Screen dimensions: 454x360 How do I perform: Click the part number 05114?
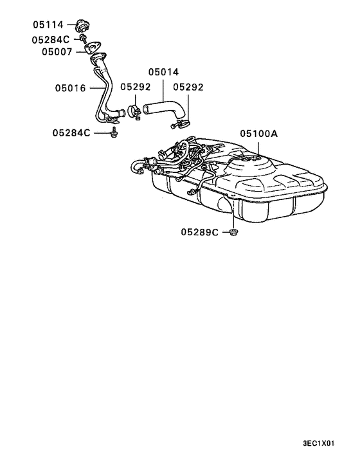pyautogui.click(x=48, y=24)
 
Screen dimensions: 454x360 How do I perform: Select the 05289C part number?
pyautogui.click(x=199, y=231)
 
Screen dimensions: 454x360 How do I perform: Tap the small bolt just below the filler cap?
pyautogui.click(x=84, y=39)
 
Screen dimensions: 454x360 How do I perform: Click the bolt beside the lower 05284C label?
pyautogui.click(x=114, y=133)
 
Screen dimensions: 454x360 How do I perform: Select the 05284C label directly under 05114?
pyautogui.click(x=50, y=39)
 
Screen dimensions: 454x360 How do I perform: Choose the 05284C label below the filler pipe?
pyautogui.click(x=71, y=133)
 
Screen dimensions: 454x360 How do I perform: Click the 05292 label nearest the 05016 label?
pyautogui.click(x=135, y=87)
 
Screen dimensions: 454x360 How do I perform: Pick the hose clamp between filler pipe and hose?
pyautogui.click(x=136, y=112)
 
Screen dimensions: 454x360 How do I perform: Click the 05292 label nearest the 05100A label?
pyautogui.click(x=188, y=87)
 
